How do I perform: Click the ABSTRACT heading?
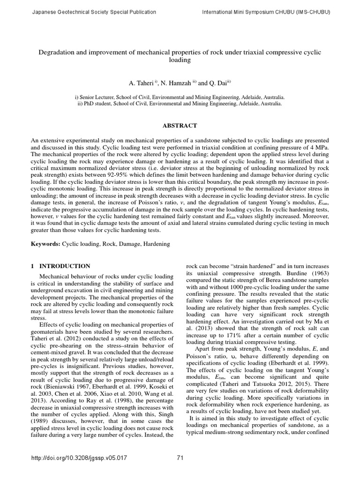tap(180, 126)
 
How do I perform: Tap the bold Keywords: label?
tap(45, 244)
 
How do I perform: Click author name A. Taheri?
tap(146, 83)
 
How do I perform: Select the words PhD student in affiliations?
tap(99, 104)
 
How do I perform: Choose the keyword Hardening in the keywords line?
tap(156, 244)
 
